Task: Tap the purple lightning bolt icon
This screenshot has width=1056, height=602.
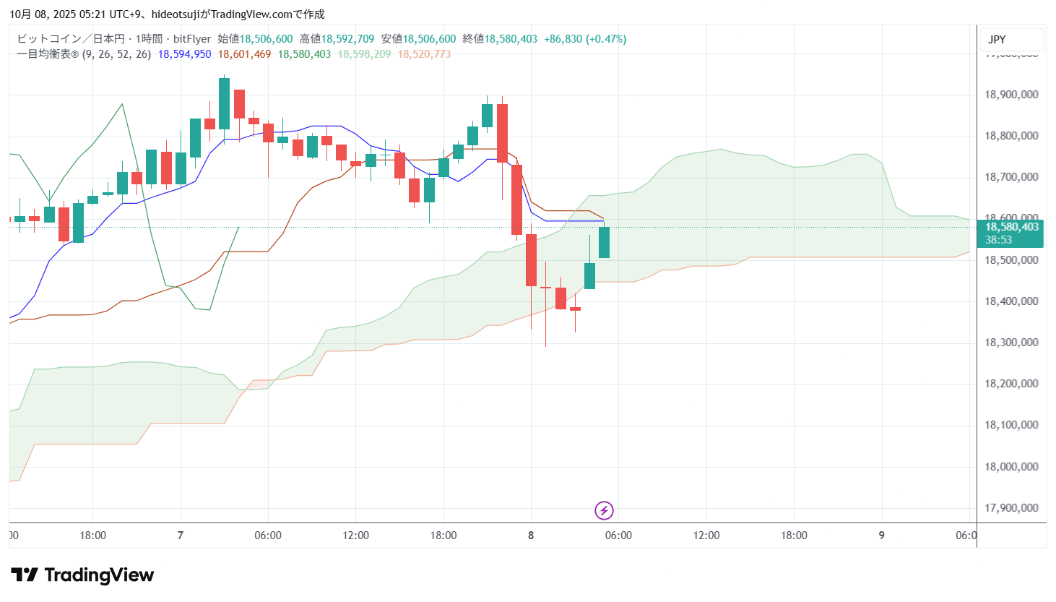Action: click(604, 511)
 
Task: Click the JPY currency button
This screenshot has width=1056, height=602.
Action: click(997, 40)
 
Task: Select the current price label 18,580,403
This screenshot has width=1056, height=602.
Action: click(1012, 227)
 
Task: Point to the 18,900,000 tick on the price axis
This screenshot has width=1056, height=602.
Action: click(1011, 95)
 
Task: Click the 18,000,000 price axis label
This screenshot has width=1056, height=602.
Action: click(1011, 467)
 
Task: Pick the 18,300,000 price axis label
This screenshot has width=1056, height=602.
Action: click(1011, 343)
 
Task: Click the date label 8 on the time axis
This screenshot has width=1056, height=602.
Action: click(531, 536)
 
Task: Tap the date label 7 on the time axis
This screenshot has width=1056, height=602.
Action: click(181, 536)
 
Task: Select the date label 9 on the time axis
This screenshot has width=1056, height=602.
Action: click(881, 536)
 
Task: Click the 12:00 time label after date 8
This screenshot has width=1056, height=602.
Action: click(706, 536)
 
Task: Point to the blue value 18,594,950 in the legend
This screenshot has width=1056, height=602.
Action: click(185, 54)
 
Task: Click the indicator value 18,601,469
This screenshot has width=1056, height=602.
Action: click(245, 54)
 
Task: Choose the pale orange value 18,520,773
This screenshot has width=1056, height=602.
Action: click(424, 54)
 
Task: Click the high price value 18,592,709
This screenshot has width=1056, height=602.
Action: click(347, 39)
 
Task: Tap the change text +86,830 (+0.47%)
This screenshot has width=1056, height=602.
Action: click(585, 39)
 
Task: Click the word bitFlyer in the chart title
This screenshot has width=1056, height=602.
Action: click(192, 39)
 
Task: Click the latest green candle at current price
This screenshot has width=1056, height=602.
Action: click(604, 242)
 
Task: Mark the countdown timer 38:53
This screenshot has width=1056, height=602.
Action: click(999, 240)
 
